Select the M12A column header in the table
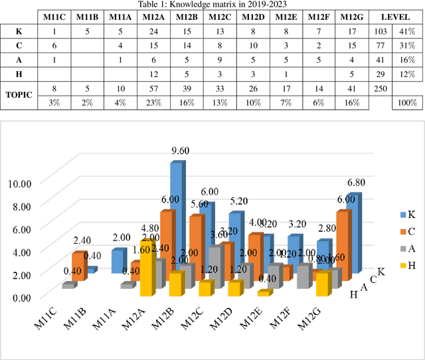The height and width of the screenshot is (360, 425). point(153,17)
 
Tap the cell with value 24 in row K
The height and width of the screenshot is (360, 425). point(153,31)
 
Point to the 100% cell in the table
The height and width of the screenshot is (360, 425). point(406,103)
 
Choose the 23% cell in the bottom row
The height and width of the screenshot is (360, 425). point(153,103)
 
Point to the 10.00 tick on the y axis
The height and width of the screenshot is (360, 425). point(20,182)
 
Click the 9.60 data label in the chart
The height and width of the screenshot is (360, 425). point(180,151)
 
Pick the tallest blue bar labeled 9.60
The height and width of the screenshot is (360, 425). point(177,213)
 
